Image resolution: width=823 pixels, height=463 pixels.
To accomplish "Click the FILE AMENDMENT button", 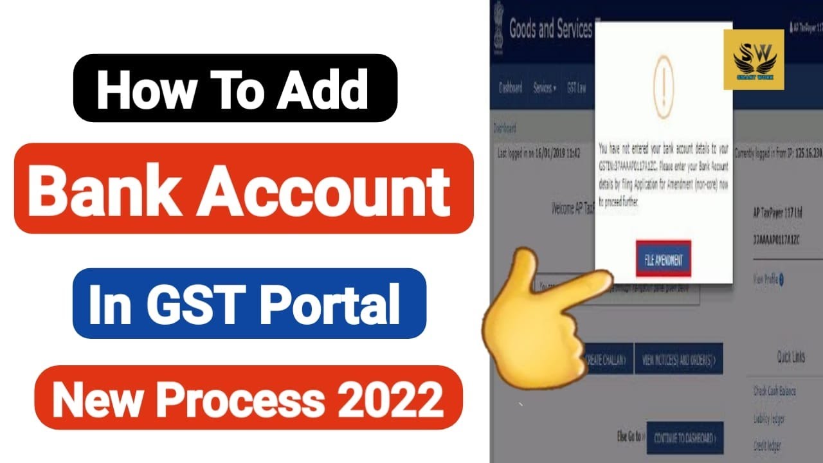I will click(x=664, y=260).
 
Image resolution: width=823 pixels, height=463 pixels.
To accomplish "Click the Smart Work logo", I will click(x=754, y=59).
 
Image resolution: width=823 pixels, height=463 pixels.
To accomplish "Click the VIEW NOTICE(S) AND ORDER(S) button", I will click(x=678, y=361).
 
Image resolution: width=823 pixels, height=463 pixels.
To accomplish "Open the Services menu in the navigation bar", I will click(x=544, y=89).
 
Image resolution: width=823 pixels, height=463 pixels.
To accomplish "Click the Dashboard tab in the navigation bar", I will click(x=511, y=89).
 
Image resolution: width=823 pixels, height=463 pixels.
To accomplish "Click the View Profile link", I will click(x=766, y=279).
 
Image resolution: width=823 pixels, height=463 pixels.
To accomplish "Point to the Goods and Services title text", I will click(x=550, y=30).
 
